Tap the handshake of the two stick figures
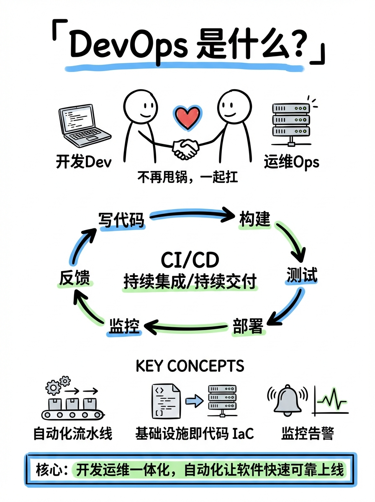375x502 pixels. (x=186, y=149)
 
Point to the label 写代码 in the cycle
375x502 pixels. (x=121, y=219)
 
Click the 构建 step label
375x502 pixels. (x=255, y=219)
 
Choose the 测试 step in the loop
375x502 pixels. (x=302, y=275)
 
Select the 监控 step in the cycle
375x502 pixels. (x=124, y=326)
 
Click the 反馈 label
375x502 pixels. (x=74, y=278)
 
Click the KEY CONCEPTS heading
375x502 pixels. (x=190, y=366)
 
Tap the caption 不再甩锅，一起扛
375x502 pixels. (x=187, y=177)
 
